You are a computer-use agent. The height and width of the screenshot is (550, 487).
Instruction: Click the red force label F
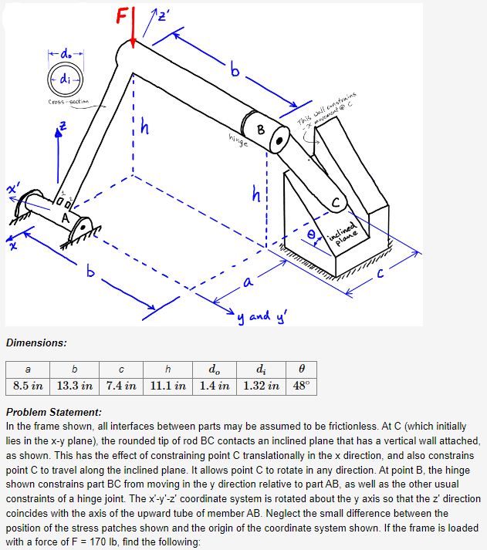pyautogui.click(x=122, y=15)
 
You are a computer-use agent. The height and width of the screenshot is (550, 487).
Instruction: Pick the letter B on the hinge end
pyautogui.click(x=260, y=130)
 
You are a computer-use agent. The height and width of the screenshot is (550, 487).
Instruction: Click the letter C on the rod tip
pyautogui.click(x=335, y=202)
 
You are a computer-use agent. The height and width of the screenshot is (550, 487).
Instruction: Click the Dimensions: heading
pyautogui.click(x=36, y=342)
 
